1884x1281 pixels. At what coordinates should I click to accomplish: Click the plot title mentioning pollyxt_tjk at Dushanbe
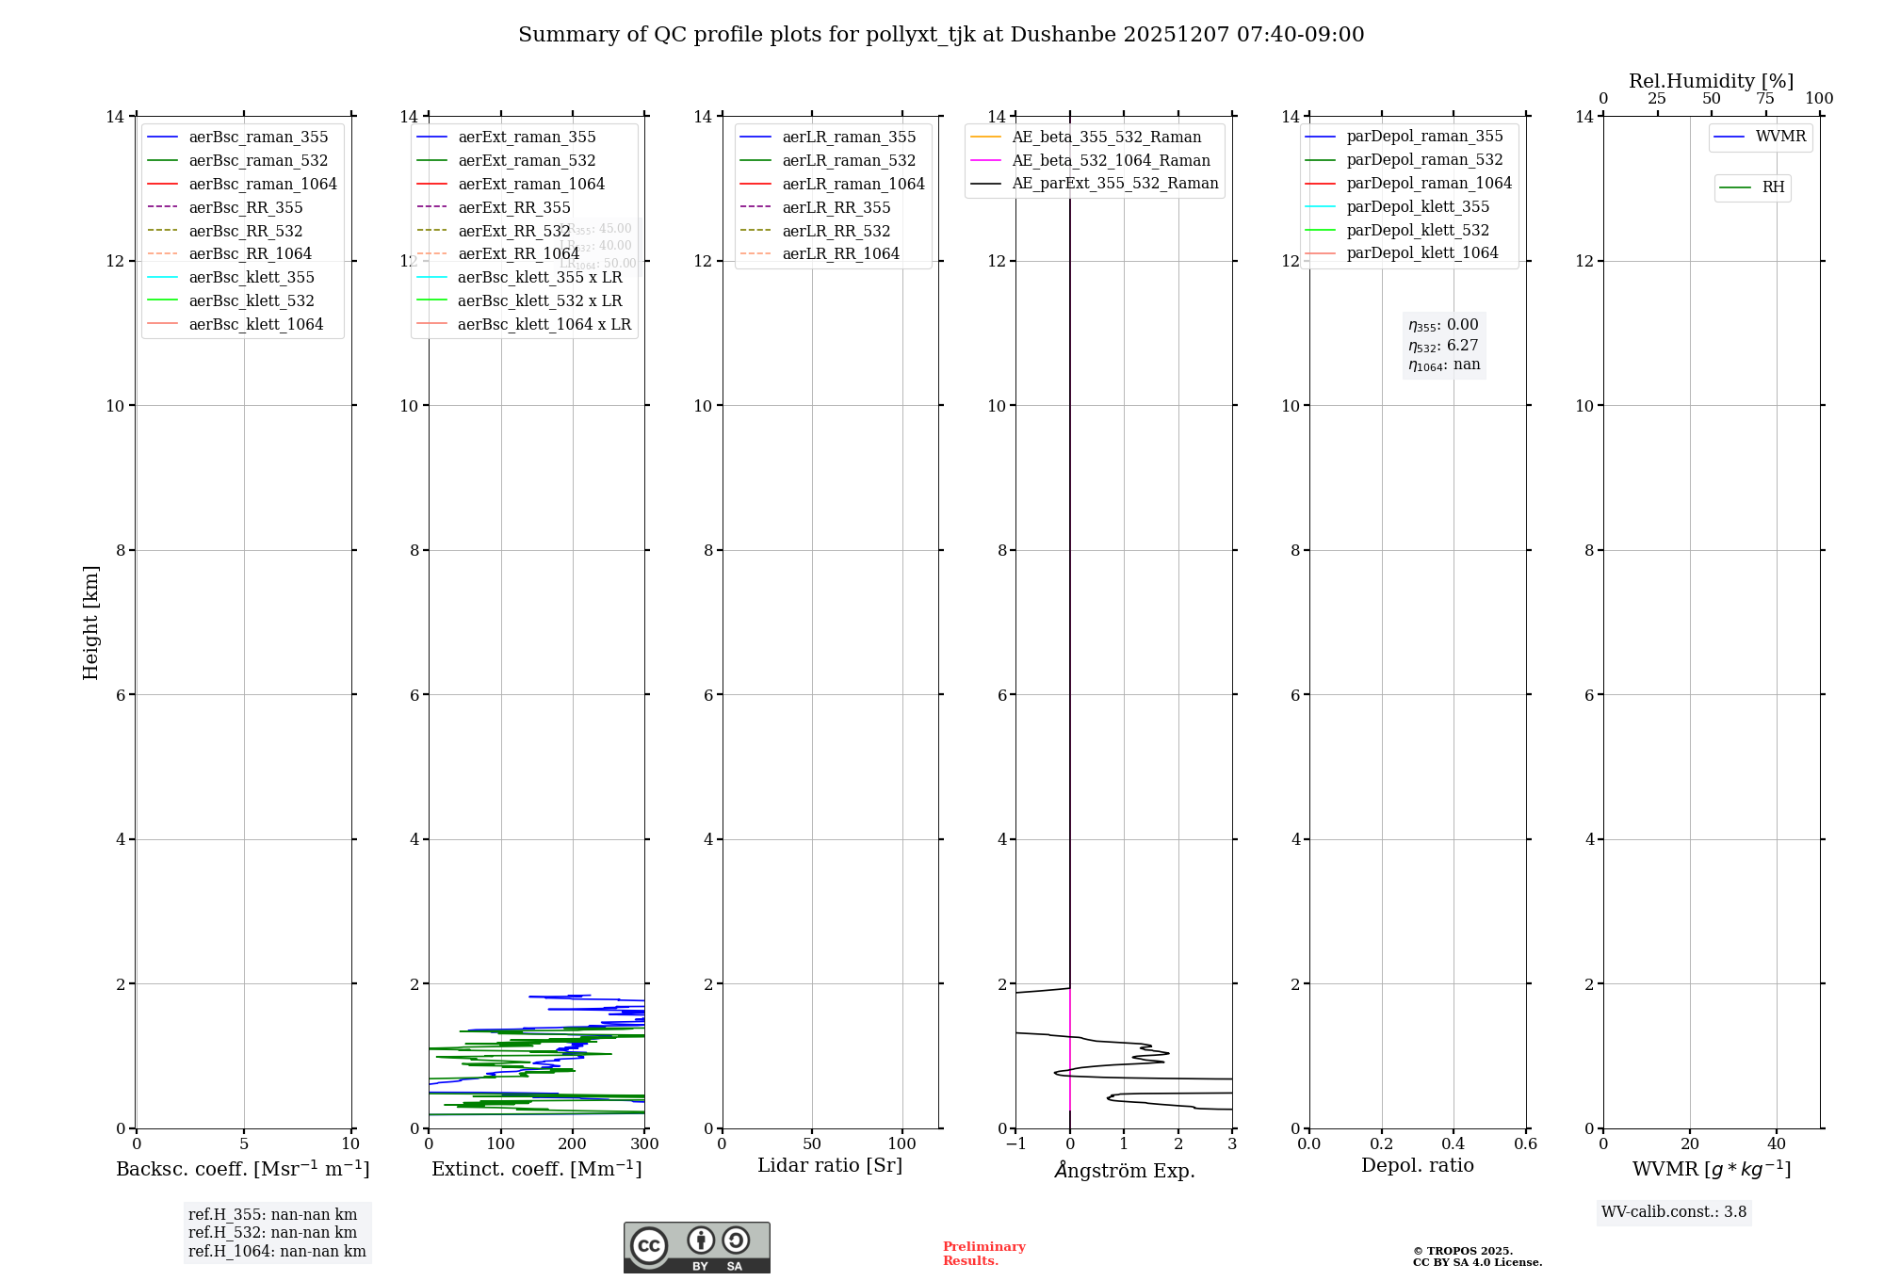(x=941, y=35)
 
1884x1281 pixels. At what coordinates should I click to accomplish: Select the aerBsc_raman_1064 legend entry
(x=263, y=184)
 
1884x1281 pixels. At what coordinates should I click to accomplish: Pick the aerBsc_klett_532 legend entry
(x=252, y=300)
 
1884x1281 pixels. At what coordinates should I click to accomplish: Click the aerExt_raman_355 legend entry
(x=527, y=137)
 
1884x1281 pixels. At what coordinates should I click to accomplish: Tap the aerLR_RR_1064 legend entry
(x=840, y=253)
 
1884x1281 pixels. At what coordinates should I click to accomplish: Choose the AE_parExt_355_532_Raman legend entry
(x=1114, y=183)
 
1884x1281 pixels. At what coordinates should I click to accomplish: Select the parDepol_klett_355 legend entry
(x=1418, y=206)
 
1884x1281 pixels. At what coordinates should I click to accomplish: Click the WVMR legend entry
(x=1780, y=137)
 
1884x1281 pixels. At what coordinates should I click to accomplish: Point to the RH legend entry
(x=1773, y=187)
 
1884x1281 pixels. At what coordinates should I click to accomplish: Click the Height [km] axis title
(x=90, y=622)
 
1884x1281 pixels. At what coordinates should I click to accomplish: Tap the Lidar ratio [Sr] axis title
(x=830, y=1165)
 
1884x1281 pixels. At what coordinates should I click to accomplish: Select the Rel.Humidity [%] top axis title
(x=1711, y=81)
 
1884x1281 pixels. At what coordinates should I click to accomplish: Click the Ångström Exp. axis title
(x=1125, y=1170)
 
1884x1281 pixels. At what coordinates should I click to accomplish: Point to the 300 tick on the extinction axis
(x=644, y=1144)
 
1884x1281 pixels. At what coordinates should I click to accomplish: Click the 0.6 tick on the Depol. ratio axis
(x=1525, y=1144)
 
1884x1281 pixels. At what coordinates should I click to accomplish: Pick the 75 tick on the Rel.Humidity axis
(x=1765, y=99)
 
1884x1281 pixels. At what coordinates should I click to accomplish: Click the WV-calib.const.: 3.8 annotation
(x=1673, y=1212)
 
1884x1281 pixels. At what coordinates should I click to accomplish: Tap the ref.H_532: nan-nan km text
(x=272, y=1233)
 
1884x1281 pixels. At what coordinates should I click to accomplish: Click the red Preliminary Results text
(x=983, y=1254)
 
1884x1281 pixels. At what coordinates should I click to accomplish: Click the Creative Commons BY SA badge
(x=696, y=1248)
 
